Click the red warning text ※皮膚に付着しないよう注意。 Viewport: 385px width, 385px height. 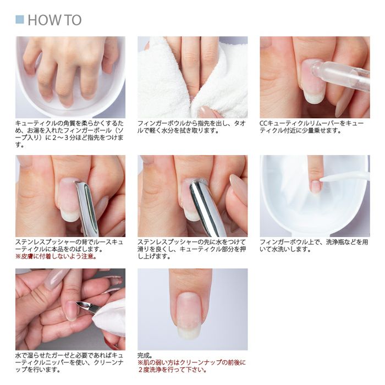[x=56, y=256]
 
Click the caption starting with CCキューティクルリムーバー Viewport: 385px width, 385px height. [x=311, y=127]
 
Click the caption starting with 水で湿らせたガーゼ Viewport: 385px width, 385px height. [x=70, y=362]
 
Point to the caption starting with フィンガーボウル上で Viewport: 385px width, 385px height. [x=311, y=245]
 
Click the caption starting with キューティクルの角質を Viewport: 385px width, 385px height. [x=70, y=134]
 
